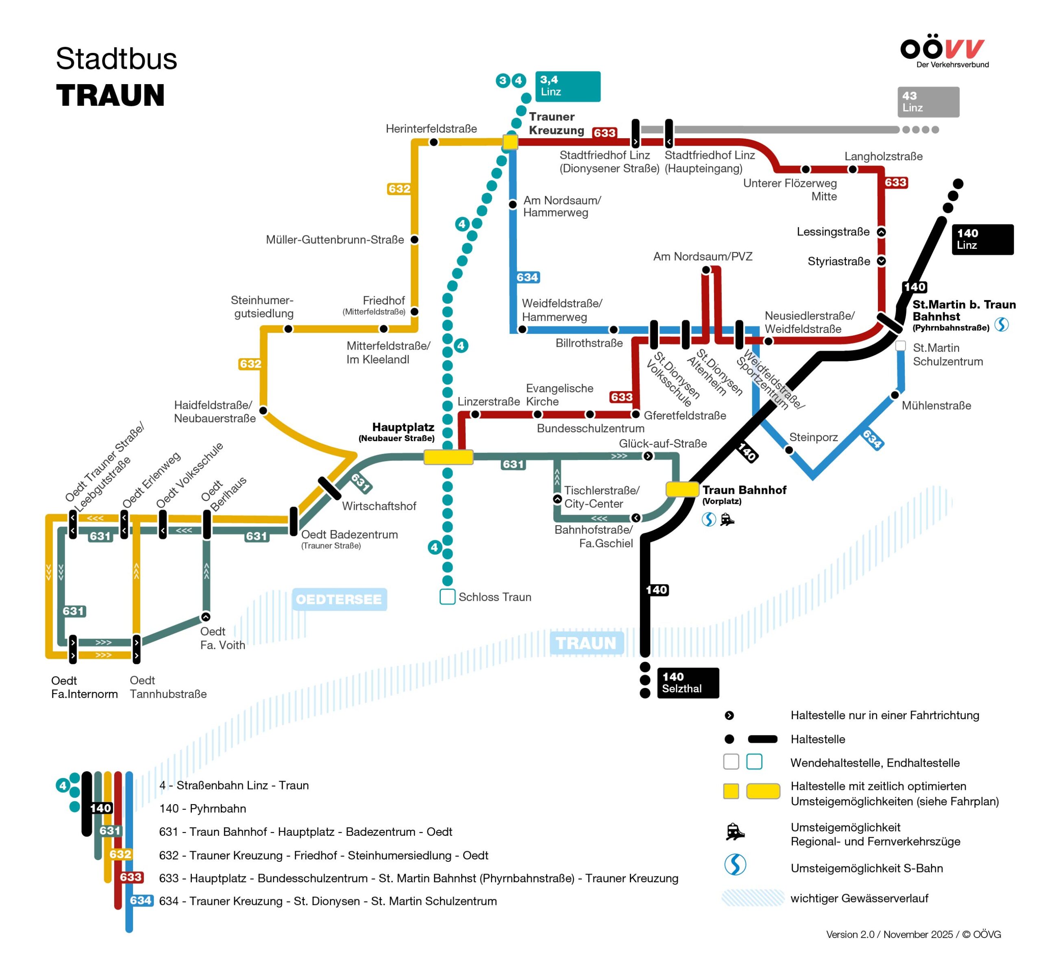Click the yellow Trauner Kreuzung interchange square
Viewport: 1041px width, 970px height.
click(510, 142)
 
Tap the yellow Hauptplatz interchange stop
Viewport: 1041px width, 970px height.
click(448, 457)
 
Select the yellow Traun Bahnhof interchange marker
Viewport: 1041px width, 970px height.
click(682, 489)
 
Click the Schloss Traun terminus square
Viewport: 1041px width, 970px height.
click(447, 596)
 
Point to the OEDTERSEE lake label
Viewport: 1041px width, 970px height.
click(339, 599)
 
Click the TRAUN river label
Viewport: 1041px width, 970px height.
click(586, 643)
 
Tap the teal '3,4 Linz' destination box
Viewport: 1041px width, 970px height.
click(567, 86)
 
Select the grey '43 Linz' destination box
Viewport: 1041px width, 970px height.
click(928, 102)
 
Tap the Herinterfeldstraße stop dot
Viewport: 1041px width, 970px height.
click(433, 142)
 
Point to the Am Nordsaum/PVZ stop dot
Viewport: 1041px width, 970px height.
click(706, 270)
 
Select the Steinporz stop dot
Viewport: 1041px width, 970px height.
click(789, 450)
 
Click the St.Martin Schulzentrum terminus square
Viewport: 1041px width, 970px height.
click(901, 346)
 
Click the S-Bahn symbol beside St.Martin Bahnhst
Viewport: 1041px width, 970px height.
click(1001, 324)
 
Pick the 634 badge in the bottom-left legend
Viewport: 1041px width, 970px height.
click(141, 900)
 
